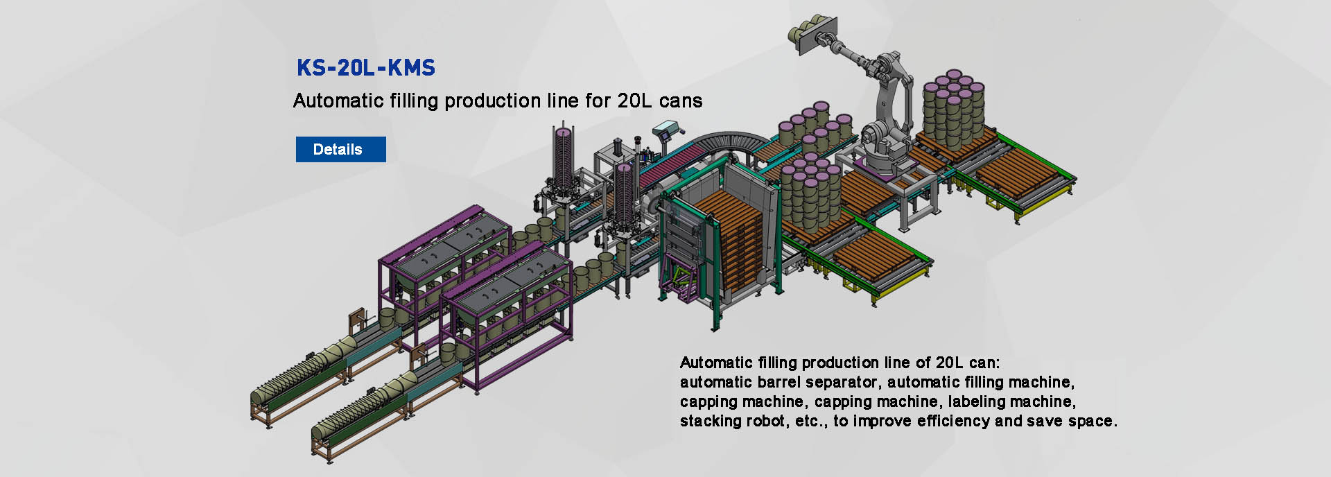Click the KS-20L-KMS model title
pos(365,68)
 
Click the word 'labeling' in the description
pos(975,401)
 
